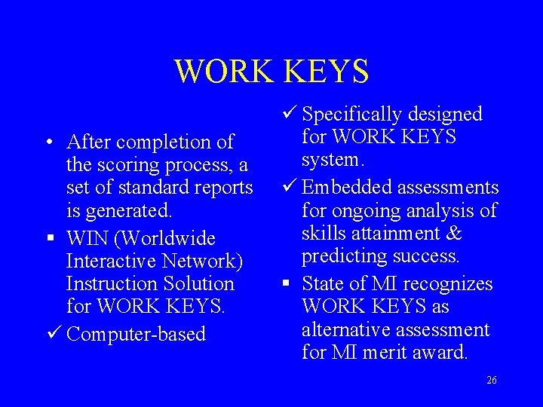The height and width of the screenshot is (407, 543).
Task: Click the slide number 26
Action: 492,381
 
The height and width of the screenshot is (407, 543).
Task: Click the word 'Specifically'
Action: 352,115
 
